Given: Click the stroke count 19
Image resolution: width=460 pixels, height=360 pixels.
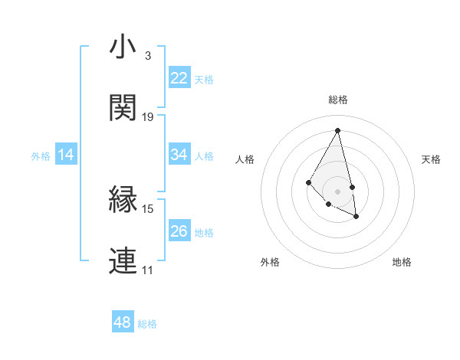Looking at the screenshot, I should point(148,117).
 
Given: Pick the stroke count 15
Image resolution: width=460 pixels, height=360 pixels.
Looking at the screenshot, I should point(148,208).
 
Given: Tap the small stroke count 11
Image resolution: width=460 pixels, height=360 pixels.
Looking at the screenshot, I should point(147,270).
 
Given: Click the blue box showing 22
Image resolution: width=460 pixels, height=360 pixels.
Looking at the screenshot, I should point(179,78).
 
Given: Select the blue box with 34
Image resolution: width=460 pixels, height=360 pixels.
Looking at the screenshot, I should point(179,155).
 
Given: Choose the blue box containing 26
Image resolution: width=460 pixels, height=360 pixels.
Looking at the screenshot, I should point(179,231).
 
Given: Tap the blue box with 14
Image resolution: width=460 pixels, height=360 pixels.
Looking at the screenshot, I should point(66,155).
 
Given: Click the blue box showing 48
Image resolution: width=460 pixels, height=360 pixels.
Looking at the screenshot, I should point(123,322).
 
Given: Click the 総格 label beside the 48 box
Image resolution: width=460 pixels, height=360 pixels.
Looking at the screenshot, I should point(147,324).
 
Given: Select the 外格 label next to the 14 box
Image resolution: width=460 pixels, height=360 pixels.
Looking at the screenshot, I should point(41,156).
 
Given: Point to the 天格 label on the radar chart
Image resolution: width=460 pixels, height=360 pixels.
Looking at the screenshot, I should point(431,159).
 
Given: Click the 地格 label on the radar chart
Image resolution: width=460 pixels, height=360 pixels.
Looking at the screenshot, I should point(402,262).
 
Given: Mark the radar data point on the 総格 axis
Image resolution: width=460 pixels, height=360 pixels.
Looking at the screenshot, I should point(337,130).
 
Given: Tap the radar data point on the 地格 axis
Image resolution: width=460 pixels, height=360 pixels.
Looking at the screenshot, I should point(356,217).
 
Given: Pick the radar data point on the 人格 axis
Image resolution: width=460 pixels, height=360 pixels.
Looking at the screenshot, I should point(308,182).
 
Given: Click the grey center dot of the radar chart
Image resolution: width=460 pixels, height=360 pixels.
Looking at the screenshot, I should point(337,191).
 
